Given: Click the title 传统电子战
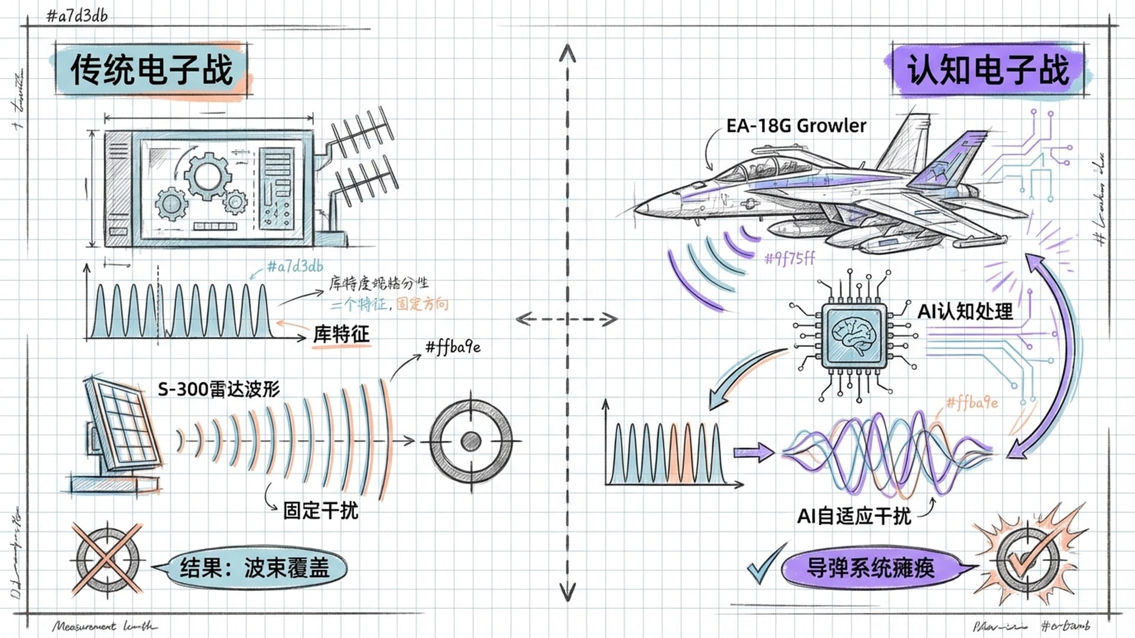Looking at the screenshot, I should [x=151, y=70].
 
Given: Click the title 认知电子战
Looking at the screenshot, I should [x=988, y=70].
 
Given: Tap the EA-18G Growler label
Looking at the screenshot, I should [x=796, y=126].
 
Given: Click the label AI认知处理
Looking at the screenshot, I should [x=965, y=311].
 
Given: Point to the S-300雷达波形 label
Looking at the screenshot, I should [x=219, y=389].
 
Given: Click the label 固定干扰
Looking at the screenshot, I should [x=320, y=510].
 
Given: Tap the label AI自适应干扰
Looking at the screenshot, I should [x=854, y=516].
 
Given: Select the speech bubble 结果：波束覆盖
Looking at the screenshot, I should [x=254, y=568].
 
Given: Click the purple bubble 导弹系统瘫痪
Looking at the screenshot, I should [x=870, y=568].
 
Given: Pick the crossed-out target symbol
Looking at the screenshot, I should [x=108, y=559].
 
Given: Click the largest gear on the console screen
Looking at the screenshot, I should [x=207, y=175].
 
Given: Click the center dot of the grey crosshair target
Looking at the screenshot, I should [x=471, y=441].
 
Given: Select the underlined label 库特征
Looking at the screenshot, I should [x=341, y=334].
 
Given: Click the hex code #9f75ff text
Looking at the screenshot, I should [x=790, y=258].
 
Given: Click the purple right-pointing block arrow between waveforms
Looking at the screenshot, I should [x=753, y=453].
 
